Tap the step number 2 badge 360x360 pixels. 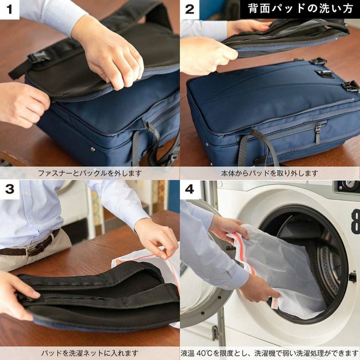click(189, 9)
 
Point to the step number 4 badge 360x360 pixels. click(189, 189)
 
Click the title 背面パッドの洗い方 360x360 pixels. click(300, 9)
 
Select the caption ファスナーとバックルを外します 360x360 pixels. click(90, 173)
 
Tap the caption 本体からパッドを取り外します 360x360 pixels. click(270, 173)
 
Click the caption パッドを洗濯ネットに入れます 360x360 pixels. click(90, 353)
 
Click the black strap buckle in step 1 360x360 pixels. click(38, 57)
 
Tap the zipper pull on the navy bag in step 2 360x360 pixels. click(318, 134)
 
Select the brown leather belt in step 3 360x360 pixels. click(31, 247)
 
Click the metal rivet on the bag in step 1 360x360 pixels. click(93, 149)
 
